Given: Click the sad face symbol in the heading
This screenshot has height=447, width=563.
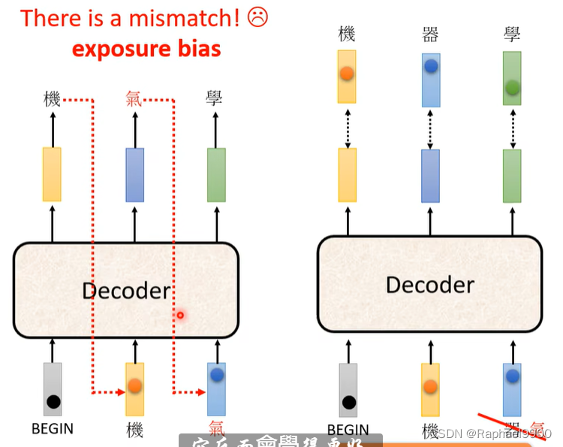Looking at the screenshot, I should pyautogui.click(x=257, y=17).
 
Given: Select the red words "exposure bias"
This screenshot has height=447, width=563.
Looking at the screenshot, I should pyautogui.click(x=146, y=50).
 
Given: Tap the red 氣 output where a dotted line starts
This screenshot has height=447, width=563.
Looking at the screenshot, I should pyautogui.click(x=134, y=98).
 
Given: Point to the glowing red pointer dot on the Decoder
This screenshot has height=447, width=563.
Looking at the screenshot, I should pyautogui.click(x=180, y=315).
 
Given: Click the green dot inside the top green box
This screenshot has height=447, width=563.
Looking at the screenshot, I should pyautogui.click(x=512, y=87).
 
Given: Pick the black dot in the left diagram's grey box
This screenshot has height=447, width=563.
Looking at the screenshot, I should pyautogui.click(x=53, y=401).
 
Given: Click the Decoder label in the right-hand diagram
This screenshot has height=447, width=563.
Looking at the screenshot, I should pyautogui.click(x=429, y=285).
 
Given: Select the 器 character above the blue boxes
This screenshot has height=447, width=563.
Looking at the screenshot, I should pyautogui.click(x=430, y=33).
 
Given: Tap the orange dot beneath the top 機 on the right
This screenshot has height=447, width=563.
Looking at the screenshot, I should pyautogui.click(x=346, y=74).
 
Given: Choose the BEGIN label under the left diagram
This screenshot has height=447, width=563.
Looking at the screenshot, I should pyautogui.click(x=53, y=429).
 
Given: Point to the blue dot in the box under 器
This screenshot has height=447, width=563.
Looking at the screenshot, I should pyautogui.click(x=430, y=67).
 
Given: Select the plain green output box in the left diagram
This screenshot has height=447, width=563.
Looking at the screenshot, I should pyautogui.click(x=216, y=174).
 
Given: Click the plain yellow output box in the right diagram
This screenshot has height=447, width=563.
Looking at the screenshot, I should pyautogui.click(x=347, y=175).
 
